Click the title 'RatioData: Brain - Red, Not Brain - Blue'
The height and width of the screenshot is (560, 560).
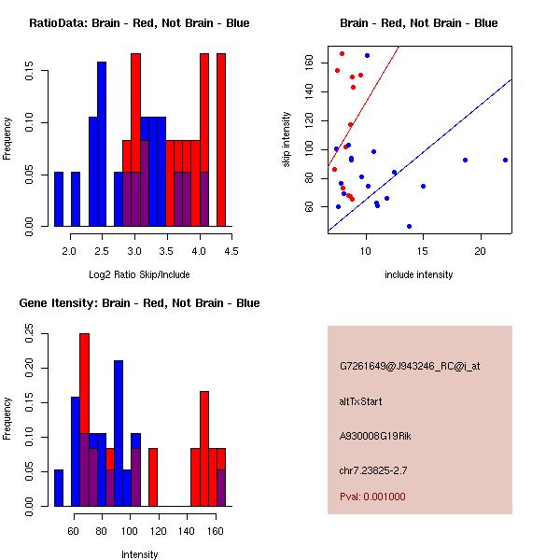pyautogui.click(x=139, y=23)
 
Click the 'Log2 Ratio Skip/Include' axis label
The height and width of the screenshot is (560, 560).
pyautogui.click(x=139, y=273)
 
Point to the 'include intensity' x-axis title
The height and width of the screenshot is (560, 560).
pyautogui.click(x=419, y=274)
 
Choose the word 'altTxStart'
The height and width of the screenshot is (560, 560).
pyautogui.click(x=361, y=401)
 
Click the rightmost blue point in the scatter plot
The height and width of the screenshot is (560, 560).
pyautogui.click(x=505, y=160)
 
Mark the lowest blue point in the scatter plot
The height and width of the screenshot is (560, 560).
pyautogui.click(x=409, y=226)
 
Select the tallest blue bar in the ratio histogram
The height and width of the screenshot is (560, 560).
pyautogui.click(x=102, y=145)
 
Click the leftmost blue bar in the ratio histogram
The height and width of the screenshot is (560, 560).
pyautogui.click(x=59, y=199)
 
